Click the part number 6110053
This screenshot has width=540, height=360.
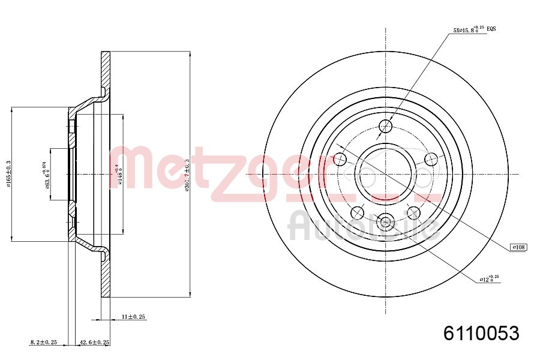point(481,333)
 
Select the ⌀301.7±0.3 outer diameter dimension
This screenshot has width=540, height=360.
point(188,175)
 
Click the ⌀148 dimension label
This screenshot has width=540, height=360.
point(119,175)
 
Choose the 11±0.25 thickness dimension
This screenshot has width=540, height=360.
point(134,316)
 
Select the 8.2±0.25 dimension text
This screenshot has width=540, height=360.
point(43,342)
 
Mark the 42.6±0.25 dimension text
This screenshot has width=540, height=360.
point(95,342)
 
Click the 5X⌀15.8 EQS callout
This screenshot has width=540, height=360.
point(474,29)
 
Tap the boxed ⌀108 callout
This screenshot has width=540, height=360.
point(518,247)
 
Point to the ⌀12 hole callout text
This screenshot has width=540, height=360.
point(489,278)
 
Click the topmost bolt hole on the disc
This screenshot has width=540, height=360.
point(386,126)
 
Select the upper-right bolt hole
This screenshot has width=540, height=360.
point(431,159)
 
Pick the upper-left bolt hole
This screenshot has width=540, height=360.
point(340,159)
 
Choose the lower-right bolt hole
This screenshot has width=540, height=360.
point(413,212)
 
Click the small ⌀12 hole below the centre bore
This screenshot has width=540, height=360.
point(386,222)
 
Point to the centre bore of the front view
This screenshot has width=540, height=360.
point(386,174)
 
